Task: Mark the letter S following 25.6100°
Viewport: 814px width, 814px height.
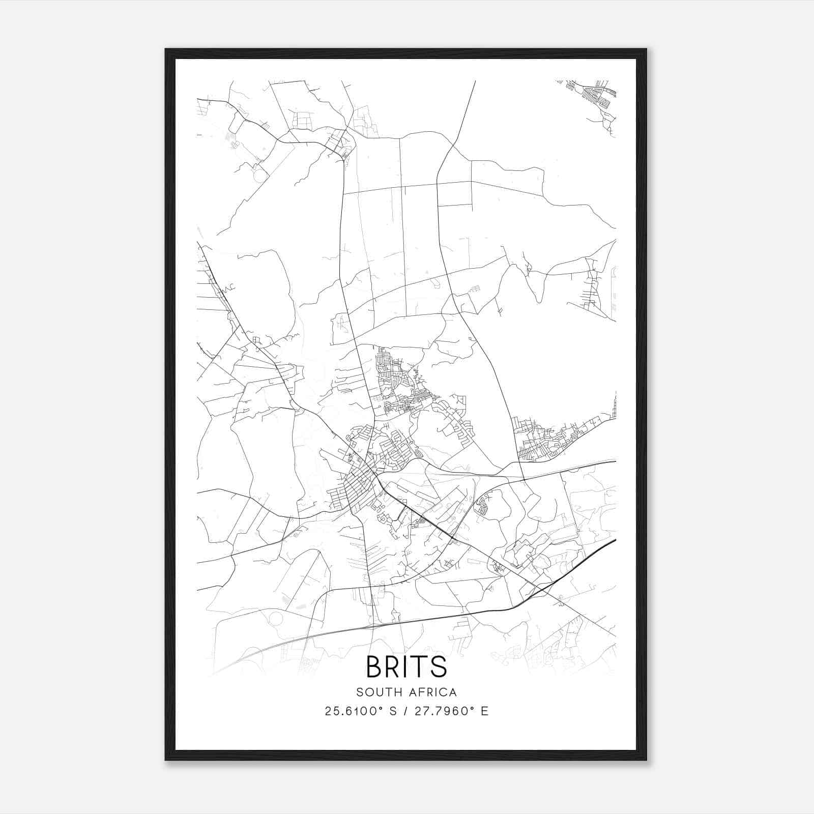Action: [392, 711]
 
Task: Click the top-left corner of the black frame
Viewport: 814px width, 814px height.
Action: [166, 50]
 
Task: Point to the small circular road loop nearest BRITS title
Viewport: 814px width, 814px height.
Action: [276, 619]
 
